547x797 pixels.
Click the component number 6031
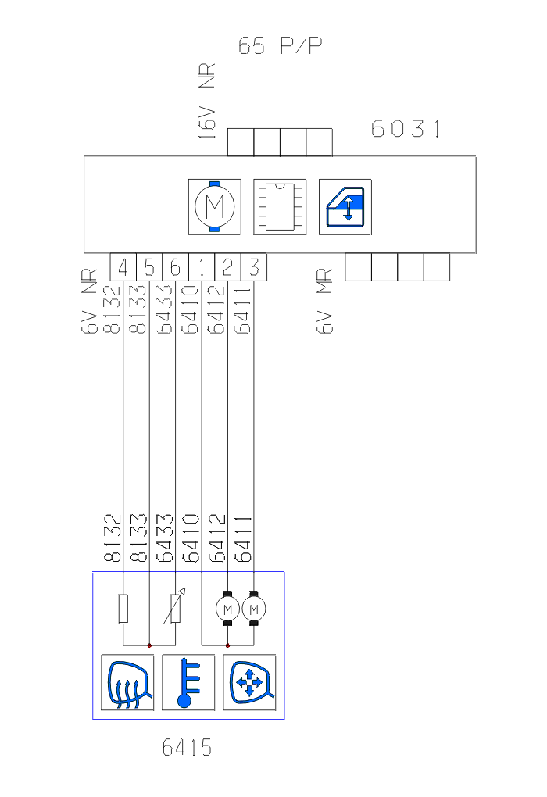pyautogui.click(x=406, y=129)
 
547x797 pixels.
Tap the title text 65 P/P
pyautogui.click(x=281, y=46)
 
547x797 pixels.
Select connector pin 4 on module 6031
pyautogui.click(x=123, y=268)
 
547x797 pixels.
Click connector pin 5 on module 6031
pyautogui.click(x=149, y=268)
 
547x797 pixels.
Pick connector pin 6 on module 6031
pyautogui.click(x=175, y=268)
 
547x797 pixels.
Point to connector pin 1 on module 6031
pyautogui.click(x=202, y=268)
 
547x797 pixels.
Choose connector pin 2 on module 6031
pyautogui.click(x=227, y=268)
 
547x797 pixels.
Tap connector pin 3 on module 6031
pyautogui.click(x=254, y=268)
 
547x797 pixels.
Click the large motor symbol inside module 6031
pyautogui.click(x=214, y=207)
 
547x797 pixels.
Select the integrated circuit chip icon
pyautogui.click(x=279, y=207)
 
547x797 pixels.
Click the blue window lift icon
pyautogui.click(x=345, y=207)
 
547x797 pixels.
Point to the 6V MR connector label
pyautogui.click(x=325, y=302)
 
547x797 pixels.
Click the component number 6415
pyautogui.click(x=187, y=748)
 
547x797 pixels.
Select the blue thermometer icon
pyautogui.click(x=188, y=682)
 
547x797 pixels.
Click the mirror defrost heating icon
pyautogui.click(x=127, y=682)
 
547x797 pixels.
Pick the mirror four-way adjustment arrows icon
pyautogui.click(x=249, y=682)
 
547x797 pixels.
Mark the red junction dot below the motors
pyautogui.click(x=227, y=645)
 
